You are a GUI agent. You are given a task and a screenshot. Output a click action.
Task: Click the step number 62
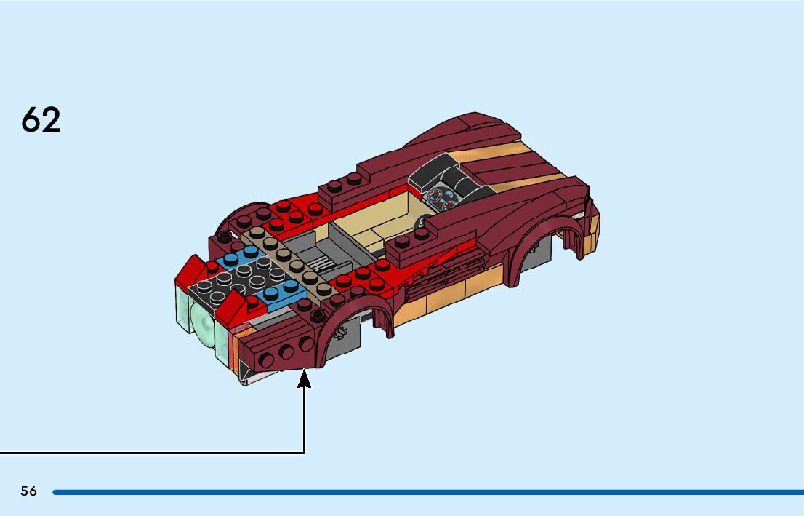(x=41, y=120)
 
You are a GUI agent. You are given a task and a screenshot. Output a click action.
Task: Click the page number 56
(x=28, y=491)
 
